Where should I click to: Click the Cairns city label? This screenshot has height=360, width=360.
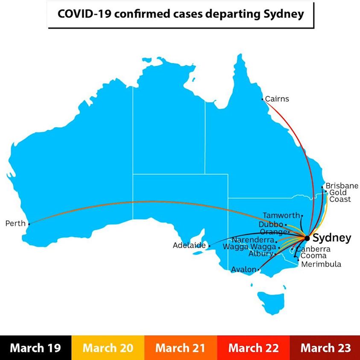click(277, 99)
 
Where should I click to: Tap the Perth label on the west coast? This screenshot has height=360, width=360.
click(15, 223)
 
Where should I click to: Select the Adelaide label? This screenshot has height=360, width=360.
click(189, 246)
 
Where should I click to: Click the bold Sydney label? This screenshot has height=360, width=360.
click(332, 238)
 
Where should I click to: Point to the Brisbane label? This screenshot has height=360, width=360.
click(342, 186)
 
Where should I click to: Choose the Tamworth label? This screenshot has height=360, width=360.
click(281, 215)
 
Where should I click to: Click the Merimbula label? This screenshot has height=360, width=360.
click(321, 264)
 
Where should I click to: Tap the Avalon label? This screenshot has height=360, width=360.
click(243, 269)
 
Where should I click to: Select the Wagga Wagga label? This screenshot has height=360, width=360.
click(250, 247)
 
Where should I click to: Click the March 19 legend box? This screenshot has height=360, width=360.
click(36, 348)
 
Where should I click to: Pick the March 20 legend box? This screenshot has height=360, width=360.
click(108, 348)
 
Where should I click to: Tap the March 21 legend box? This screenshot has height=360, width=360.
click(180, 348)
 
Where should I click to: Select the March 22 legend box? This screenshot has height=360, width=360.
click(253, 348)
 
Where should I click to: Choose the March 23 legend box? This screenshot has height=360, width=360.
click(325, 348)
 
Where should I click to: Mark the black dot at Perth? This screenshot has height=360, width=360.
click(29, 224)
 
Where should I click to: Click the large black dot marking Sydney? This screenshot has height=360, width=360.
click(307, 238)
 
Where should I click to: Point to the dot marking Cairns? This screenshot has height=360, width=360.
click(262, 99)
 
